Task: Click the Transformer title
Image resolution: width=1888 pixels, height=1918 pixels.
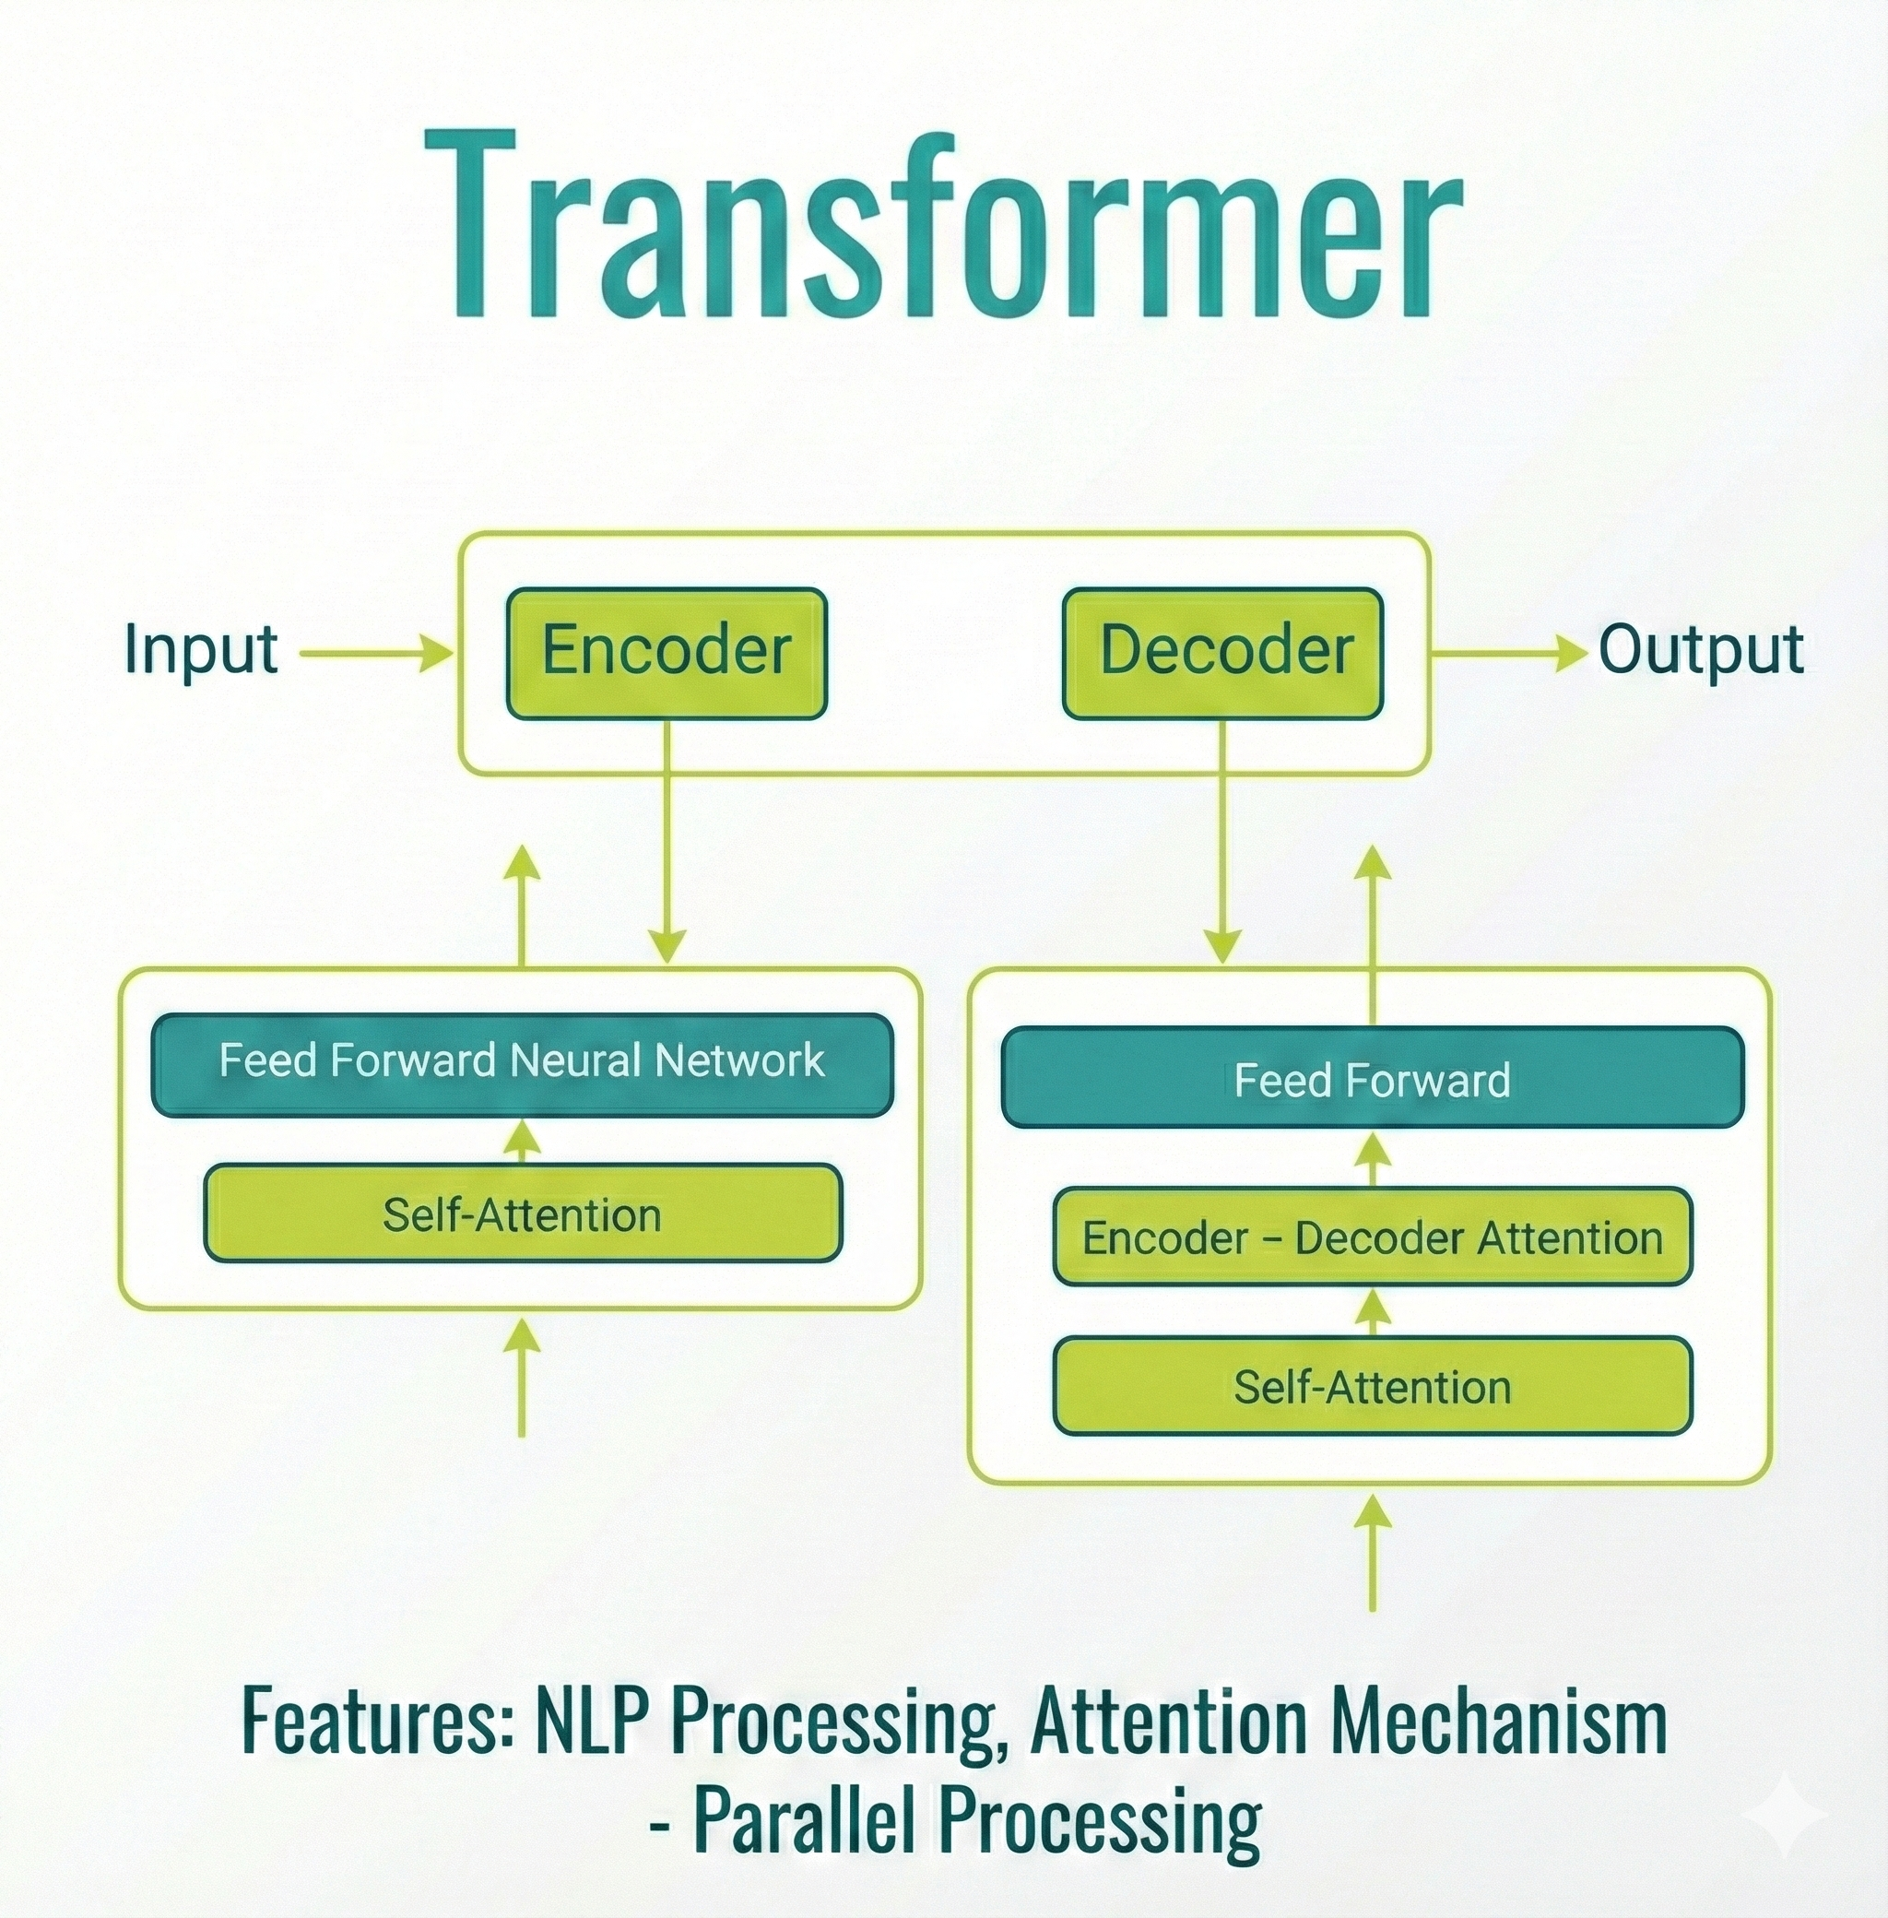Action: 944,226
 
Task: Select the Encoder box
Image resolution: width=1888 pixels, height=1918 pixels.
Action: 667,654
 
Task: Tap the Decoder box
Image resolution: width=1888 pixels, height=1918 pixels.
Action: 1222,654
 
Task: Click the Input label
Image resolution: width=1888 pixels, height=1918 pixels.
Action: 200,651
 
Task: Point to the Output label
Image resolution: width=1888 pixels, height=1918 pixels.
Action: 1701,651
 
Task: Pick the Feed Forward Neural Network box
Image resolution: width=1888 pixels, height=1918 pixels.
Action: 522,1064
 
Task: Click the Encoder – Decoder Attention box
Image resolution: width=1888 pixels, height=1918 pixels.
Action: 1373,1237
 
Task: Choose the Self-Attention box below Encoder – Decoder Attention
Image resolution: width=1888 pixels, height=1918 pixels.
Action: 1373,1387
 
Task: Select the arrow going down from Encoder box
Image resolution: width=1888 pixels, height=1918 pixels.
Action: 667,843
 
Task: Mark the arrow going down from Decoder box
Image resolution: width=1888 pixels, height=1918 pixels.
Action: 1221,843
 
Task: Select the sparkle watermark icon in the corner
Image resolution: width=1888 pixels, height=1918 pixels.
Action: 1784,1814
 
